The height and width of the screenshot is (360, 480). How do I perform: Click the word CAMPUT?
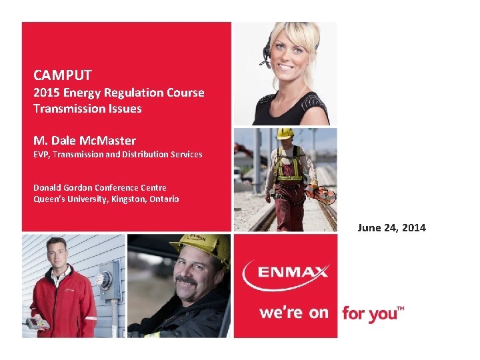click(63, 75)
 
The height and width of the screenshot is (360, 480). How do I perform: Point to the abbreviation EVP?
click(41, 155)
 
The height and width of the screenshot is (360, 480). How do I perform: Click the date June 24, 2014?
click(391, 228)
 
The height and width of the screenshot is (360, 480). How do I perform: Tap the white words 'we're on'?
click(294, 312)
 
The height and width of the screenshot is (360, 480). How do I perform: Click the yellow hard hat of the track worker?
click(285, 133)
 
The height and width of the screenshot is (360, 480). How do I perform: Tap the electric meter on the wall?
click(107, 279)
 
